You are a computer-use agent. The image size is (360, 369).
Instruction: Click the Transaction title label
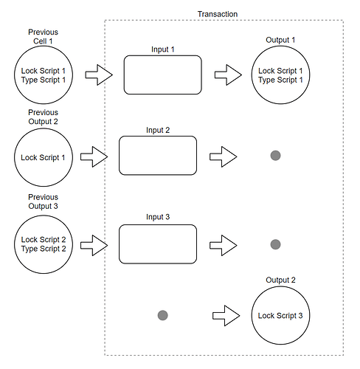[218, 14]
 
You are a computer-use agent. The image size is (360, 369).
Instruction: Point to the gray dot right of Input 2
[275, 156]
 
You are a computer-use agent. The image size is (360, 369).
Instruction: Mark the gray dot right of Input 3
[275, 244]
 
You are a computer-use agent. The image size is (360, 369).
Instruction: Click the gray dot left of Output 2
[163, 315]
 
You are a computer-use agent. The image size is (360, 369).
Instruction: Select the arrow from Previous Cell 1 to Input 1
[99, 75]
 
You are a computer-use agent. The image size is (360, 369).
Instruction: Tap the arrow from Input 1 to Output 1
[228, 75]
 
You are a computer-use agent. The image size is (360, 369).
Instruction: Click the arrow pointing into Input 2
[94, 157]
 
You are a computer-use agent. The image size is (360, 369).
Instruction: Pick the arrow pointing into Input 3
[94, 246]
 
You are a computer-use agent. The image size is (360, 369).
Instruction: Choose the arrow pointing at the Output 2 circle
[226, 316]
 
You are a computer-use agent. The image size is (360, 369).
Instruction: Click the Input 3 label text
[158, 217]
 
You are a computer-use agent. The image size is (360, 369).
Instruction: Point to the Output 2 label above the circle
[280, 280]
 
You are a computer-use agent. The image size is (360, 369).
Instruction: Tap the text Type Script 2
[44, 249]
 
